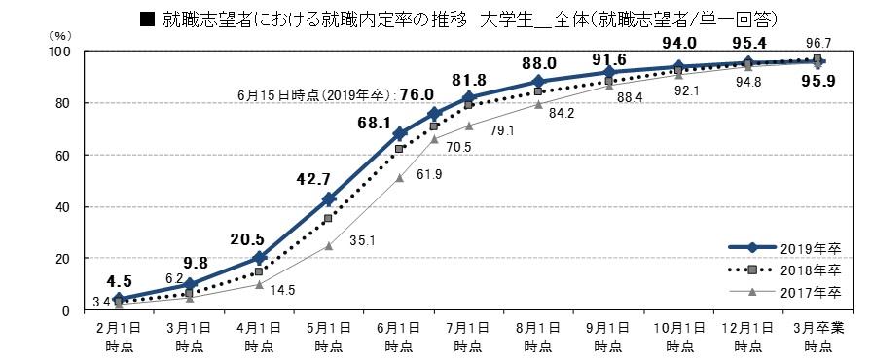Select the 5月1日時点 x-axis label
(328, 336)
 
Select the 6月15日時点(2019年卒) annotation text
(312, 94)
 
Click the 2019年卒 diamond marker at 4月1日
(259, 258)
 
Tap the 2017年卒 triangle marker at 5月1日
(329, 245)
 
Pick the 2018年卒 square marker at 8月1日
(538, 91)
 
